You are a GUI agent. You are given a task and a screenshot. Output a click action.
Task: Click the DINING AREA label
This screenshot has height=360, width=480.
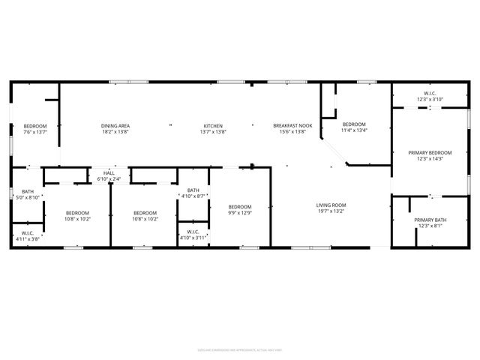pyautogui.click(x=115, y=125)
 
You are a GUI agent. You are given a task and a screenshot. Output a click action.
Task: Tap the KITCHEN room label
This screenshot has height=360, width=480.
pyautogui.click(x=213, y=125)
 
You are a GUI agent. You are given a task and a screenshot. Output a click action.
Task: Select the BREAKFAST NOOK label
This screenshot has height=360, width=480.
pyautogui.click(x=292, y=125)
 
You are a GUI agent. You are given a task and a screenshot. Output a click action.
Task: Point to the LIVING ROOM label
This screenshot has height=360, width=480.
pyautogui.click(x=330, y=205)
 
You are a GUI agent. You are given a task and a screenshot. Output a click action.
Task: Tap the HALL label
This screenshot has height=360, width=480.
pyautogui.click(x=109, y=172)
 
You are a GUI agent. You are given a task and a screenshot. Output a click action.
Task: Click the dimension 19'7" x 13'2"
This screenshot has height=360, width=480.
pyautogui.click(x=330, y=211)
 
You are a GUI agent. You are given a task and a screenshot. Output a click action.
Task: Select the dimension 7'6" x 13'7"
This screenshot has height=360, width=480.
pyautogui.click(x=34, y=132)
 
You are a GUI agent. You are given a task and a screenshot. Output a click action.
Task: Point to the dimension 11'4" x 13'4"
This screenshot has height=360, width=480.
pyautogui.click(x=354, y=130)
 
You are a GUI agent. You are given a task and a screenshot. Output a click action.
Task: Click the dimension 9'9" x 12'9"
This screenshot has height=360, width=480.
pyautogui.click(x=240, y=213)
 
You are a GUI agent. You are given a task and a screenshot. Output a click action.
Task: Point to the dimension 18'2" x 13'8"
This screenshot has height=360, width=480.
pyautogui.click(x=115, y=132)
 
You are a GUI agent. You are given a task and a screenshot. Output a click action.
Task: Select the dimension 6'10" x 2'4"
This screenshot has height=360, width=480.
pyautogui.click(x=109, y=179)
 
